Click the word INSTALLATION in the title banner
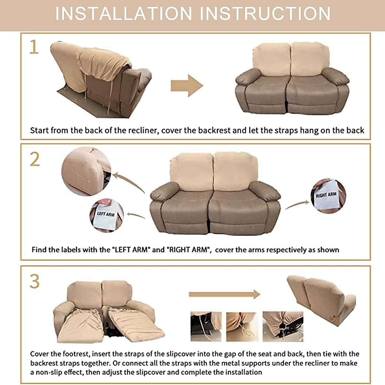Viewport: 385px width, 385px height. click(x=124, y=14)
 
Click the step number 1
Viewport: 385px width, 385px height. click(x=34, y=47)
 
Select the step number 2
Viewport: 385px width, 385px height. click(x=35, y=159)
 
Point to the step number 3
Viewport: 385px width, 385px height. click(x=35, y=281)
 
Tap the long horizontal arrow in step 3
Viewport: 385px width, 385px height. click(x=224, y=294)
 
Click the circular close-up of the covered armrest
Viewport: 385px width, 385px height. click(x=86, y=171)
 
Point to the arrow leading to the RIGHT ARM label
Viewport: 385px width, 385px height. click(x=297, y=204)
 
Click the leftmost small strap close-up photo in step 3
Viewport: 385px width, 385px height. click(x=206, y=326)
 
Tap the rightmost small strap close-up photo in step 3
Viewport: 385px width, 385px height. click(x=283, y=326)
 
